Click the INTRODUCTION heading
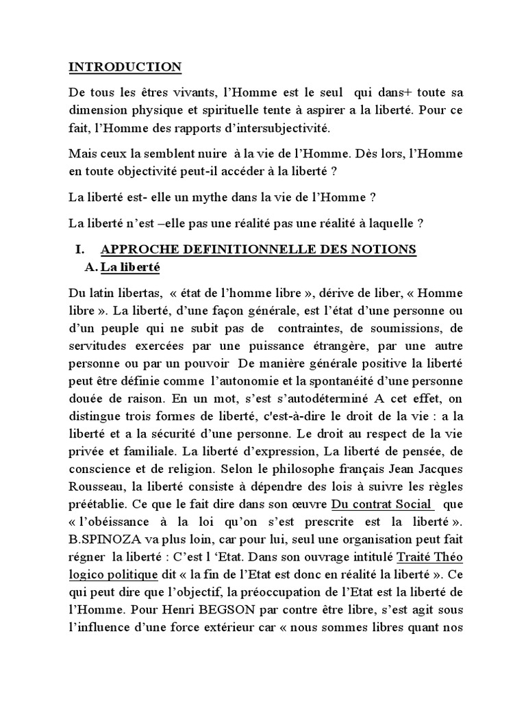(x=125, y=67)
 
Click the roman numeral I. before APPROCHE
(x=79, y=250)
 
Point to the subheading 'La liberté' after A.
(x=130, y=268)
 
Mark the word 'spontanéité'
(x=319, y=381)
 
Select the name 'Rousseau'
(x=96, y=488)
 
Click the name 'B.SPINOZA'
(x=100, y=541)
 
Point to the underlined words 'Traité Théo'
(x=430, y=559)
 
